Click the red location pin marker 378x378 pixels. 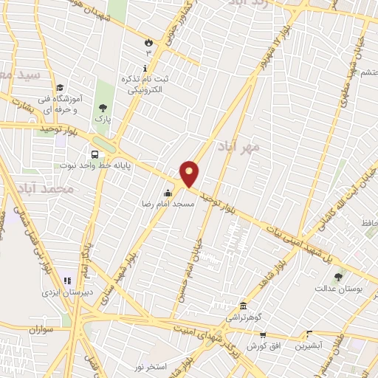[x=190, y=173]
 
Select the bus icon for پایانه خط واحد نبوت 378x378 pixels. [x=94, y=154]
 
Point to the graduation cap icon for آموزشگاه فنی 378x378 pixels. [x=59, y=87]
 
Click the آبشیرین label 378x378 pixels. [x=303, y=345]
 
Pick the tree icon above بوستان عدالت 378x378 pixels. [x=339, y=277]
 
